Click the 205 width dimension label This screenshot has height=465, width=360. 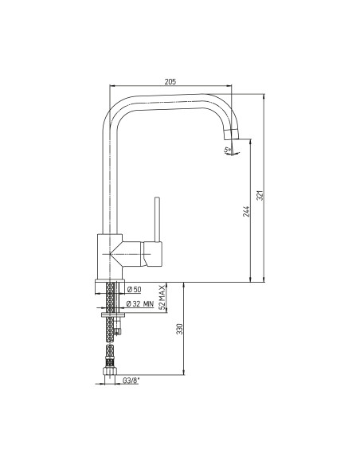170,81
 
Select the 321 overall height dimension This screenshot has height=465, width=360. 260,195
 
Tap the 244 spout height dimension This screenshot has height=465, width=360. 246,211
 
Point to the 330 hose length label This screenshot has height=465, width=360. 180,329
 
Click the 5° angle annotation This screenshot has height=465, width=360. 228,150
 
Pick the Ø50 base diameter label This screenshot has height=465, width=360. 134,289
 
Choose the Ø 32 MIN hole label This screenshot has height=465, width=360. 140,303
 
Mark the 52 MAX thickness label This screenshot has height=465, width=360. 162,298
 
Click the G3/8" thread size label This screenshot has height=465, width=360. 131,381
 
